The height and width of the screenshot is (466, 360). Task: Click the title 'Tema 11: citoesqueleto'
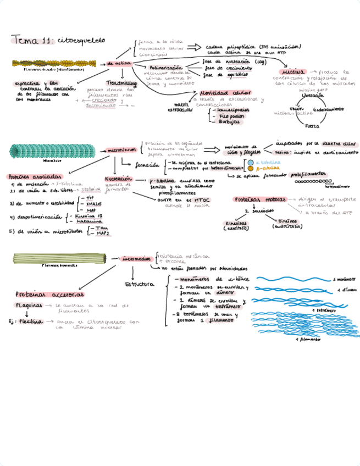[x=58, y=40]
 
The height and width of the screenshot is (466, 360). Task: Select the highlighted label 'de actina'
[x=119, y=63]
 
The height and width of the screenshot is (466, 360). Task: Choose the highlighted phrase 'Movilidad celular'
[x=226, y=93]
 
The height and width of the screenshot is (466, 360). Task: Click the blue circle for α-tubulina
[x=251, y=163]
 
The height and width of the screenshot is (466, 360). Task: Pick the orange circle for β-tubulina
[x=251, y=169]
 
